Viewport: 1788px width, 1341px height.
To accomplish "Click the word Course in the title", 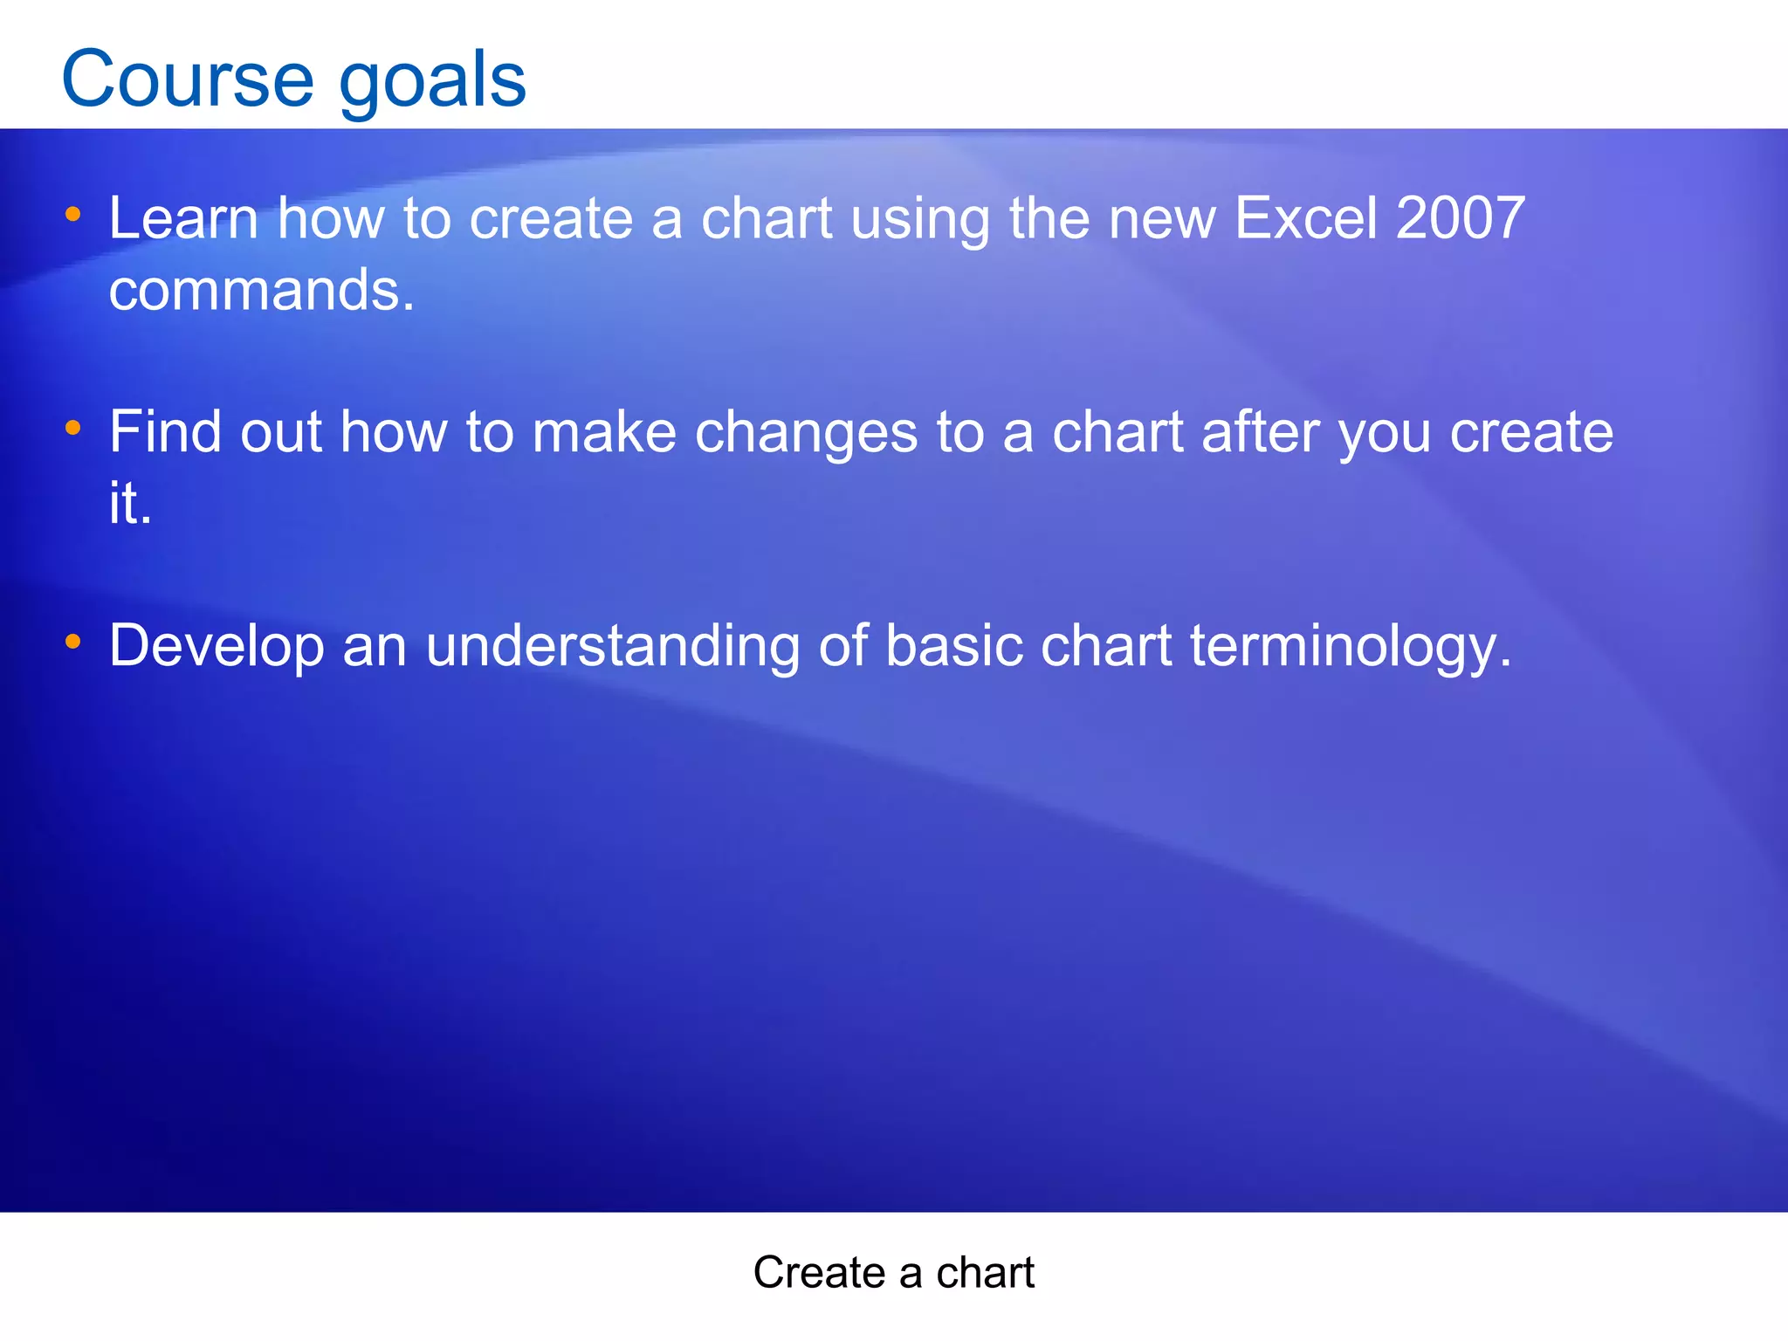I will [187, 80].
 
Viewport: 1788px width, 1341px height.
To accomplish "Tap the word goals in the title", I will [432, 80].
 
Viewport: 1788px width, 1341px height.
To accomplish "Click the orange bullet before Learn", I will [73, 214].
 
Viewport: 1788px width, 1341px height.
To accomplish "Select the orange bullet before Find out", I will [73, 428].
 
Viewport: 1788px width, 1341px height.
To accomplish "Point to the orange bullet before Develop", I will [73, 642].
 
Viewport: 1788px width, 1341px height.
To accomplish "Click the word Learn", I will [183, 218].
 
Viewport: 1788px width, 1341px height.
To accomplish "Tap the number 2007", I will [1460, 218].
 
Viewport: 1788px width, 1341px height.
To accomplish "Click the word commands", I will [261, 291].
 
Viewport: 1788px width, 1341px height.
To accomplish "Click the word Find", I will [165, 432].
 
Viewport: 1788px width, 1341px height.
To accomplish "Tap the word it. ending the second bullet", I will [130, 504].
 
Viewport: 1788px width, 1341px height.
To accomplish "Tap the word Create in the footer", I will [819, 1273].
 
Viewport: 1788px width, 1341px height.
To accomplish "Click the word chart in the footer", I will [985, 1273].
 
